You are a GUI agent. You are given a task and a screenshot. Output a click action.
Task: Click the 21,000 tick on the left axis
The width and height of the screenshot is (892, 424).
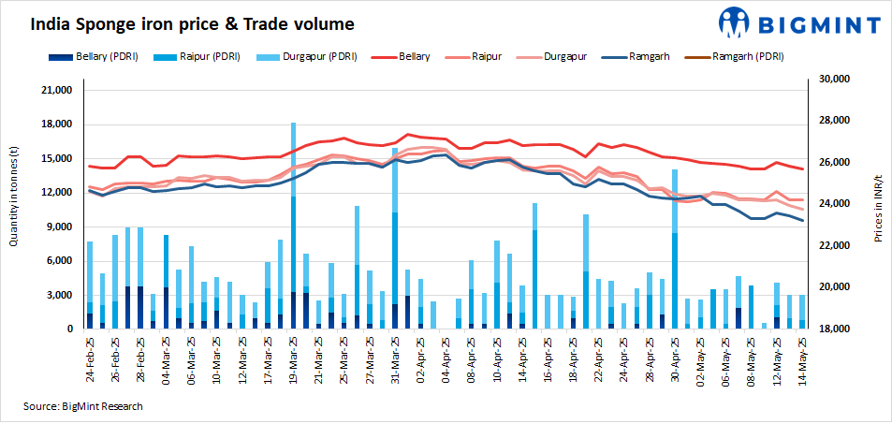pos(58,91)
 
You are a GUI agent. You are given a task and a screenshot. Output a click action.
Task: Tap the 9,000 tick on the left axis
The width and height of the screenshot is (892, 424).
pos(61,227)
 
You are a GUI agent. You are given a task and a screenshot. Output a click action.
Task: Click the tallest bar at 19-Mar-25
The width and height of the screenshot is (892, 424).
pos(293,225)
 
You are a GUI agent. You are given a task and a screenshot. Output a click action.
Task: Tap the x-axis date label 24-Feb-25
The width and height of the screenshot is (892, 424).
pos(91,360)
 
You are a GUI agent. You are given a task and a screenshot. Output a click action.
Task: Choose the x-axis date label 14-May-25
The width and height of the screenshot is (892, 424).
pos(801,360)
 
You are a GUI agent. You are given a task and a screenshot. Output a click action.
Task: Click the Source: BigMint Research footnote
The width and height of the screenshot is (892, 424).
pos(83,406)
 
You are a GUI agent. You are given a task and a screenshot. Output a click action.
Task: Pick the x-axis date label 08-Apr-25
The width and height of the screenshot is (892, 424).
pos(472,360)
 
